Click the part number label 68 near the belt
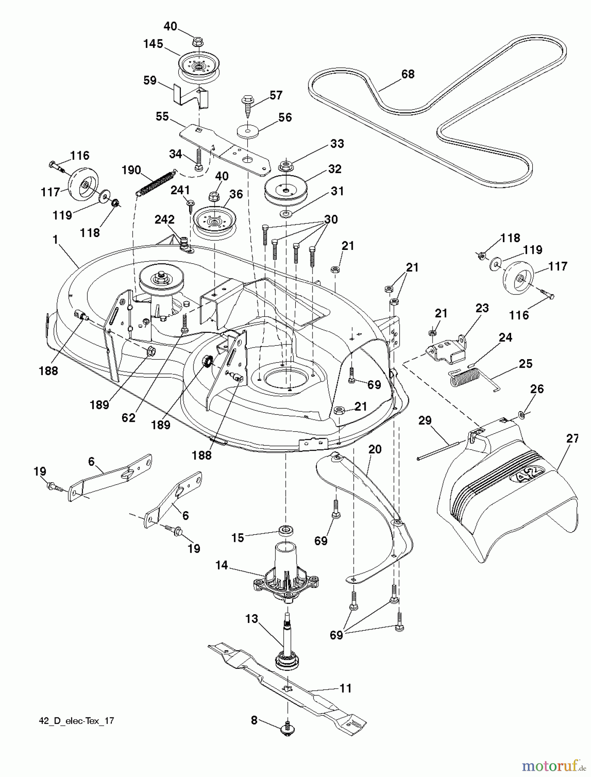point(408,74)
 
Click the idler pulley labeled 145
point(199,66)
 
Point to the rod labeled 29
point(440,449)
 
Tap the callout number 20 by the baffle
point(375,449)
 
